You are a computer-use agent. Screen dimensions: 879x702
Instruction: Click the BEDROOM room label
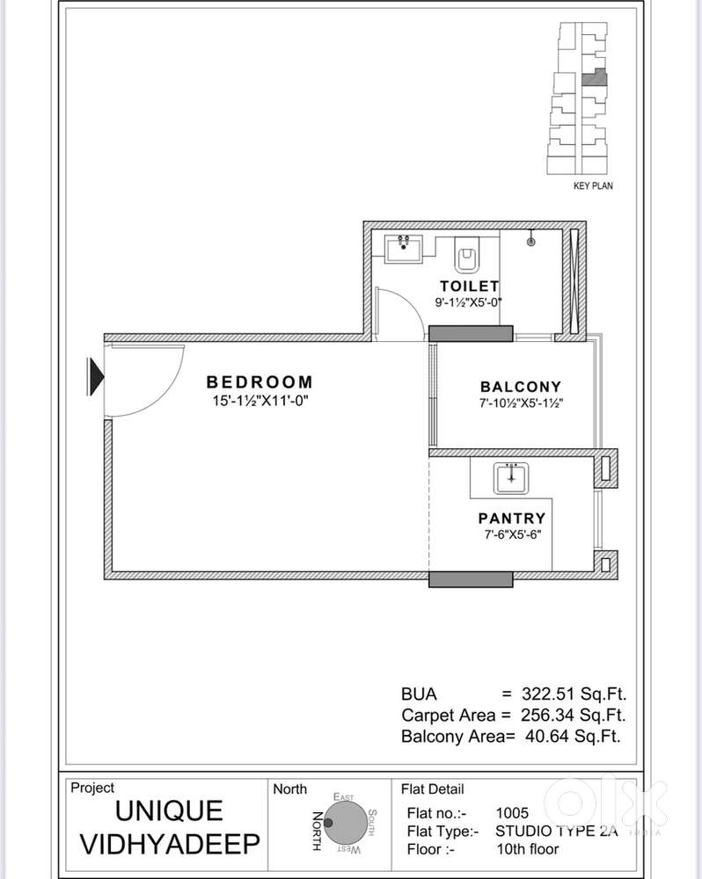click(260, 382)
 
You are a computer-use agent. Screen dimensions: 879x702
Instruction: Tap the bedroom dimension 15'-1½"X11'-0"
click(260, 401)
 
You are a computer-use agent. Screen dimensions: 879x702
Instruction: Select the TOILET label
click(470, 286)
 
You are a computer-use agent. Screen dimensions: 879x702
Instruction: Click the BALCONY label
click(521, 387)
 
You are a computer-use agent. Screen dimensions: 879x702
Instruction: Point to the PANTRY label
click(512, 519)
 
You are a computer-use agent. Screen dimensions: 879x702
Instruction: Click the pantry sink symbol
click(511, 479)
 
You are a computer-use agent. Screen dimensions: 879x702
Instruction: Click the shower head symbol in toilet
click(532, 237)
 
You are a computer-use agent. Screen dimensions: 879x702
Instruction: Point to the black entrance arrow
click(95, 377)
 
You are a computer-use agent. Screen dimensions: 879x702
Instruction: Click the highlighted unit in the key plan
click(596, 76)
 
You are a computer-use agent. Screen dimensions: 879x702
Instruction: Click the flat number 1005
click(513, 813)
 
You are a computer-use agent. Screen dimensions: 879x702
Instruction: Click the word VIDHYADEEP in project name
click(171, 845)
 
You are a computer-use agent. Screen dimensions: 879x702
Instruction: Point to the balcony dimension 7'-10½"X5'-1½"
click(521, 403)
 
